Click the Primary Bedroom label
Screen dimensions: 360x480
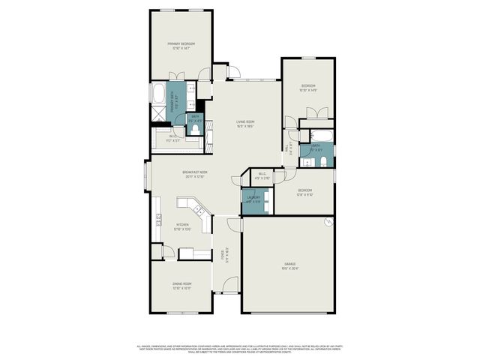181,46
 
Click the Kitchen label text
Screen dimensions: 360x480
181,226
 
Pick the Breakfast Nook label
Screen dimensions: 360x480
194,174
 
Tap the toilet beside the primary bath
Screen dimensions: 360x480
196,129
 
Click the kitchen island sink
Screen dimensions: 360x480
187,203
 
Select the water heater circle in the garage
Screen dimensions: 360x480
327,223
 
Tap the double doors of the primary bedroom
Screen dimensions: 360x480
179,76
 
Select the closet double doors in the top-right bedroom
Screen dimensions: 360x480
316,113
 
